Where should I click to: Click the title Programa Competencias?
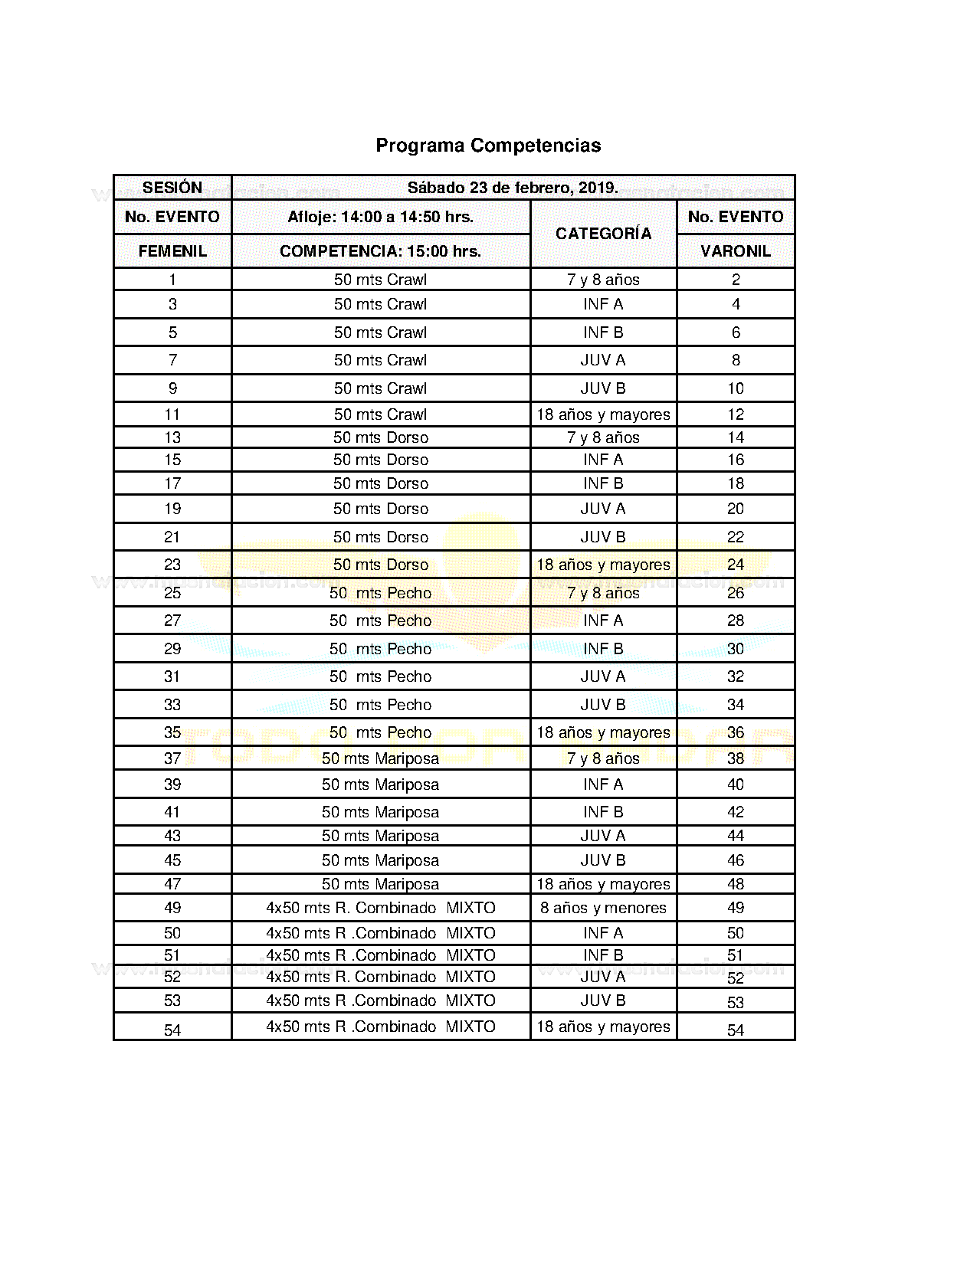[x=488, y=146]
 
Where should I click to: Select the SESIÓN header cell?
[x=172, y=188]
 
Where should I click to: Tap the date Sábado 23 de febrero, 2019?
[x=513, y=188]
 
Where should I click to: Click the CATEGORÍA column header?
[x=603, y=234]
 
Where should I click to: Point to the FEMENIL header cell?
[x=172, y=251]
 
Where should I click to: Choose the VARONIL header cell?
[x=736, y=251]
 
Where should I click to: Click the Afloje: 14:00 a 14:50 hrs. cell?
[x=380, y=217]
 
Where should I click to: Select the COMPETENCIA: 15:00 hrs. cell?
[x=380, y=251]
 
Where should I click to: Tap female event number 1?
[x=172, y=280]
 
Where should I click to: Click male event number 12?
[x=736, y=414]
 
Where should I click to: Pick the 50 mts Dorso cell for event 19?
[x=380, y=509]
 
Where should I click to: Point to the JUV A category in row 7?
[x=603, y=360]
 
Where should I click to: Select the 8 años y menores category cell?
[x=603, y=908]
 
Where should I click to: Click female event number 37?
[x=172, y=758]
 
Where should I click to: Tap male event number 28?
[x=736, y=621]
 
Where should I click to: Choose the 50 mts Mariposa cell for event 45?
[x=380, y=860]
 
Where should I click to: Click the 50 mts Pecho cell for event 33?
[x=380, y=705]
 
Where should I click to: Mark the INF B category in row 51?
[x=603, y=955]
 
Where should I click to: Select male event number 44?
[x=736, y=836]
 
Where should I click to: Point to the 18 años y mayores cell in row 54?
[x=603, y=1027]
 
